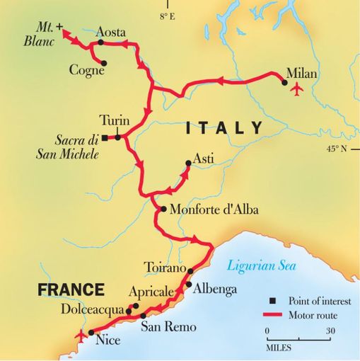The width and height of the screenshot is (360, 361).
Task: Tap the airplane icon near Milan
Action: [296, 89]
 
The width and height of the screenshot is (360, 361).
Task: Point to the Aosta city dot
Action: [100, 42]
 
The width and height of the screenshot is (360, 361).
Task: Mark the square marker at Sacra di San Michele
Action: [105, 138]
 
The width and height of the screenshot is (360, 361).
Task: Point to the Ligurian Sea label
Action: [262, 266]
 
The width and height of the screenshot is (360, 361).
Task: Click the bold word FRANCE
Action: [71, 290]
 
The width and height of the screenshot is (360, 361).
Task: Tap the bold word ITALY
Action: [223, 128]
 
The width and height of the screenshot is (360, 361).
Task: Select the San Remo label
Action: [168, 326]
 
